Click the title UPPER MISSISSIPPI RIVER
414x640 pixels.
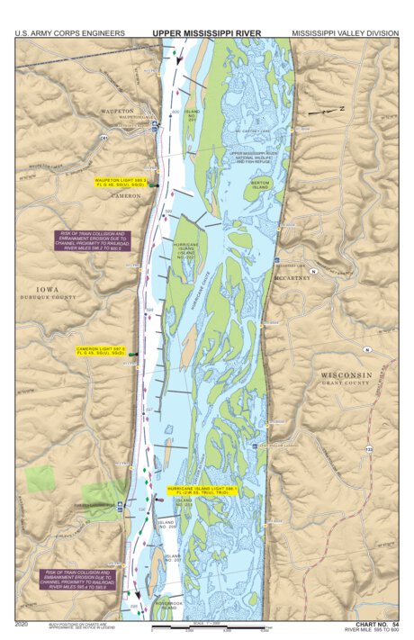tap(207, 32)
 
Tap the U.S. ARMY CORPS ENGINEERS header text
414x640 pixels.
tap(69, 33)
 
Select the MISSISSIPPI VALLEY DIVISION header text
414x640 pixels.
tap(345, 33)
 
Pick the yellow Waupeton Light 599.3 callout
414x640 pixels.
tap(120, 183)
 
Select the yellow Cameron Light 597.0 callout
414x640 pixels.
tap(101, 350)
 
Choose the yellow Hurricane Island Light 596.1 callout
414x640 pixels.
tap(202, 491)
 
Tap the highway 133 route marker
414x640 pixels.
tap(368, 447)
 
